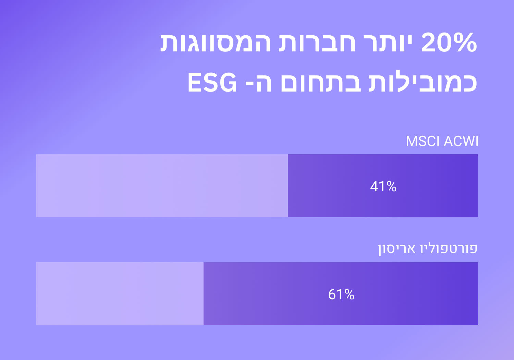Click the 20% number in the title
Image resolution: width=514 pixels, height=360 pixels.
point(449,43)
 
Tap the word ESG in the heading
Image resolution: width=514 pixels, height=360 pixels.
point(212,82)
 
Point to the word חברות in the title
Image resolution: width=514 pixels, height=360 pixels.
point(317,43)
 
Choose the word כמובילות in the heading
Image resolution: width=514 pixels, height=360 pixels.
point(423,82)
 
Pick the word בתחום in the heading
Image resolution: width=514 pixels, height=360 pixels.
point(321,83)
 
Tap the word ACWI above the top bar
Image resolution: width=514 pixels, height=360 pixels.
point(461,141)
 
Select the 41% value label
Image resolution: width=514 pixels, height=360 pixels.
point(383,186)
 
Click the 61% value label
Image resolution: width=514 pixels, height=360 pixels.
point(341,294)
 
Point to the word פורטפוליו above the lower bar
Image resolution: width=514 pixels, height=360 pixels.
point(449,249)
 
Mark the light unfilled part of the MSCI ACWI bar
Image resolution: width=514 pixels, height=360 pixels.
point(162,185)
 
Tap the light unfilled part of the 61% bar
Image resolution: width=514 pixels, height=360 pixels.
point(120,293)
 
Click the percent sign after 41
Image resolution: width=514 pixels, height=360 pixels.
point(391,187)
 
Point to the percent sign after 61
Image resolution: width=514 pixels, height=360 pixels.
point(349,295)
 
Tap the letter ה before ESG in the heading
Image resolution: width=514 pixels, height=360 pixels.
point(264,83)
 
